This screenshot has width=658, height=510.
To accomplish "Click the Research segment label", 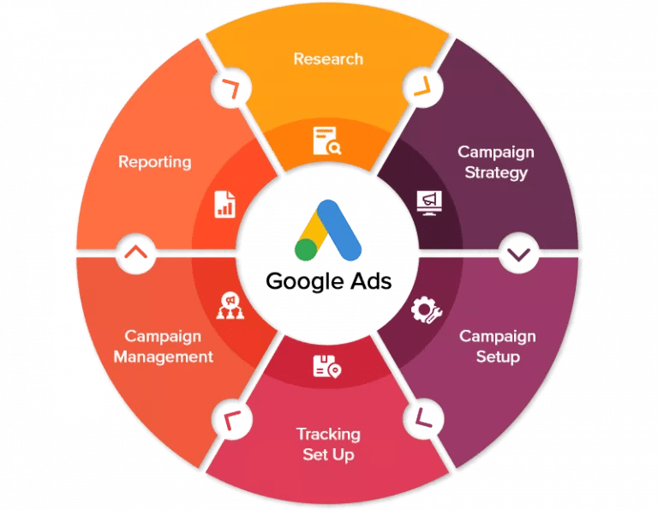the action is (x=328, y=59).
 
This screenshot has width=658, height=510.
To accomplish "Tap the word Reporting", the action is (x=154, y=162).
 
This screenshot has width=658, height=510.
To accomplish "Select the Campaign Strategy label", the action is (x=495, y=162).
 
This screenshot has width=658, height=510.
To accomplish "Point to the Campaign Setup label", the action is (x=498, y=345).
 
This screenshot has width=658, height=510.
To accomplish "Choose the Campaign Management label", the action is (x=163, y=345).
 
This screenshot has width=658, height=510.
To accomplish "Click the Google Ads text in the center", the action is (x=328, y=281).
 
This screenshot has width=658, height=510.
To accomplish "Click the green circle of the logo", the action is (x=305, y=249).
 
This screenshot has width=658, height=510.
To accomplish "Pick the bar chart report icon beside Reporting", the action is (x=225, y=203).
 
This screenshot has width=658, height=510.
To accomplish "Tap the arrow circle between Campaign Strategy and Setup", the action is (x=517, y=254).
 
